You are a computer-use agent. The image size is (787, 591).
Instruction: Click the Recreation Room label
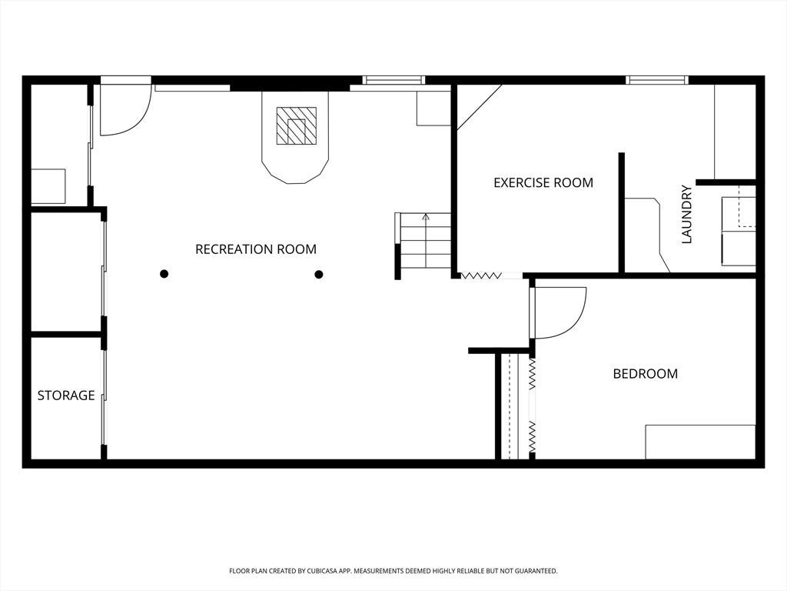click(256, 249)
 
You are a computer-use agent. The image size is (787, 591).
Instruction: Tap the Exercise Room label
click(543, 182)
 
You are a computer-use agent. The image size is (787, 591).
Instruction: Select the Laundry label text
click(686, 215)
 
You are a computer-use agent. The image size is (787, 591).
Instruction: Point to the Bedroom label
click(646, 373)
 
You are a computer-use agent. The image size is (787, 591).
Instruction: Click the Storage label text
click(66, 396)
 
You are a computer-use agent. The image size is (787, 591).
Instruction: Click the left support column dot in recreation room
click(164, 274)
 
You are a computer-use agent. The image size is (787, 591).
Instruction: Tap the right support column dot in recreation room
click(319, 274)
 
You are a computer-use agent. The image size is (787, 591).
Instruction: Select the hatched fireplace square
click(297, 125)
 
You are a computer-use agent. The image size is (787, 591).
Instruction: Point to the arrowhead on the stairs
click(426, 217)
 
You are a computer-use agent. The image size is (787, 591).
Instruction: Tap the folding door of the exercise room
click(481, 275)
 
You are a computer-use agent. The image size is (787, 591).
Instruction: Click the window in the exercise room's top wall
click(656, 80)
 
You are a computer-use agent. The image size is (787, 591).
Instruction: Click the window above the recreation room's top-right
click(394, 80)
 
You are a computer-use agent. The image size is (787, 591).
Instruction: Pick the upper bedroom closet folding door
click(532, 373)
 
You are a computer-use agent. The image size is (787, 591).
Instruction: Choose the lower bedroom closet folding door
click(532, 436)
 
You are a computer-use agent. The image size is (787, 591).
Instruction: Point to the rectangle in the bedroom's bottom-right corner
click(700, 442)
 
